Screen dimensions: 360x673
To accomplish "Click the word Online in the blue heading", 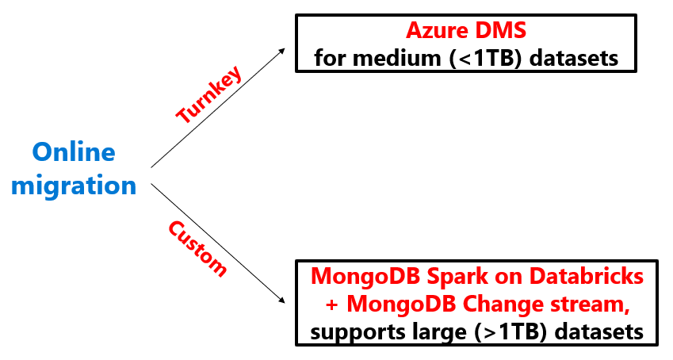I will click(74, 152).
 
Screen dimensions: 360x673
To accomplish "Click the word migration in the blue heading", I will click(74, 186).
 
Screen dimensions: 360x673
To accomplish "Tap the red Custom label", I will click(197, 248).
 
